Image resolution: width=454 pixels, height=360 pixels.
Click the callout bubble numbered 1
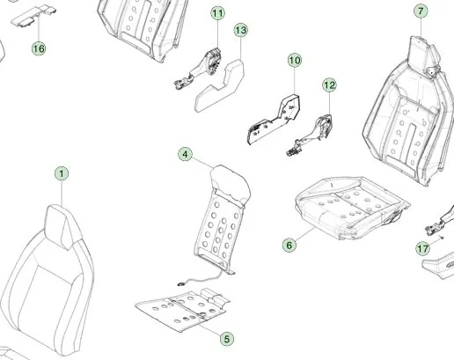[x=62, y=173]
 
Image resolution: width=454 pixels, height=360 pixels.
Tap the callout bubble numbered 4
[x=185, y=154]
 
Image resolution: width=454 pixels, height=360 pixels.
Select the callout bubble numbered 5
[x=227, y=339]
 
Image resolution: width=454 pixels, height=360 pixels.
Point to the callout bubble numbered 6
[x=289, y=245]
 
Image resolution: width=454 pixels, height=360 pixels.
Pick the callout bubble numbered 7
[x=421, y=11]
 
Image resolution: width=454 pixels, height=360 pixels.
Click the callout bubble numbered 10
[x=295, y=60]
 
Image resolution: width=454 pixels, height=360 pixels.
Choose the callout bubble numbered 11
[x=217, y=13]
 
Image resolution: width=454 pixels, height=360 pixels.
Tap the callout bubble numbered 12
[x=329, y=85]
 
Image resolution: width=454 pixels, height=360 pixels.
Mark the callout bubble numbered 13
[x=241, y=30]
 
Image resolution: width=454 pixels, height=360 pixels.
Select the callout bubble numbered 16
[x=39, y=48]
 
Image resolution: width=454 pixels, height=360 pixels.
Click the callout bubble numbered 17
[x=422, y=249]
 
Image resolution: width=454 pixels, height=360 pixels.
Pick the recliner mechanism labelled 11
[x=201, y=69]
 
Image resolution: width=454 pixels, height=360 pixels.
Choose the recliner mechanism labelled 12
[x=311, y=135]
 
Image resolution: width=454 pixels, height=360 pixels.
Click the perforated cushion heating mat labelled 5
[x=182, y=311]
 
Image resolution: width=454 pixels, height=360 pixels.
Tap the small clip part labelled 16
[x=33, y=16]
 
